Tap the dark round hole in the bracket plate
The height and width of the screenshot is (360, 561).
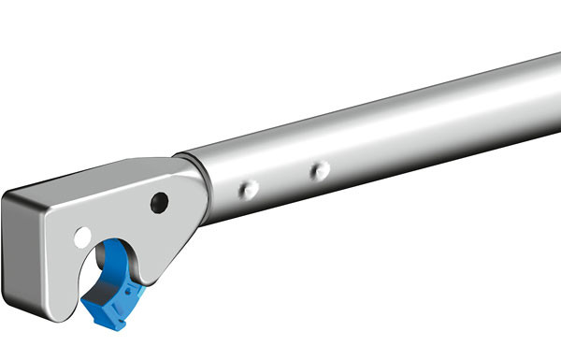pyautogui.click(x=159, y=202)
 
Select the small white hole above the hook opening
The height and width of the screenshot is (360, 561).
pyautogui.click(x=83, y=237)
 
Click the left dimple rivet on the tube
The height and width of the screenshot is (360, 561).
pyautogui.click(x=249, y=189)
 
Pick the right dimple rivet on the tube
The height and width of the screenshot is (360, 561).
pyautogui.click(x=320, y=171)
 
